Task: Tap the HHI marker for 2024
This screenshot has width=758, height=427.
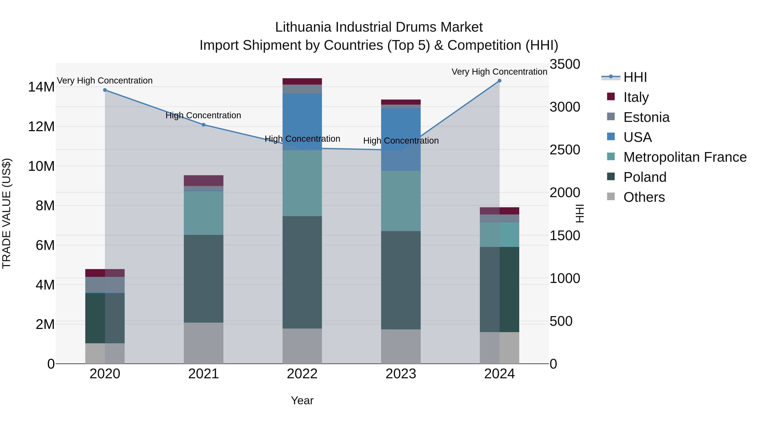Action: click(499, 81)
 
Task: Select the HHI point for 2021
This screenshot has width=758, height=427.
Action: click(204, 125)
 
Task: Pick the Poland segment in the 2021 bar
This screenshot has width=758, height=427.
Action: click(204, 279)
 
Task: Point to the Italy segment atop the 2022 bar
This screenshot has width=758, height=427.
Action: click(302, 81)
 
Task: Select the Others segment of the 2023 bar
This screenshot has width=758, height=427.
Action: click(401, 346)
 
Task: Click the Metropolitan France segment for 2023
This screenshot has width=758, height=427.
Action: click(401, 201)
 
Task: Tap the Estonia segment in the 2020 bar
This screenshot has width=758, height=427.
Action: click(105, 284)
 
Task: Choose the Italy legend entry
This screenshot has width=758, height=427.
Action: click(636, 97)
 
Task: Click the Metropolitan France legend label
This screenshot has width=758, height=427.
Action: click(685, 157)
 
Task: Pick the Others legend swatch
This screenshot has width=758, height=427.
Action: click(611, 197)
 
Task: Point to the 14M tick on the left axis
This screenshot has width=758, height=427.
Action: click(41, 87)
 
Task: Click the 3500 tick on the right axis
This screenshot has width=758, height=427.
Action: click(565, 64)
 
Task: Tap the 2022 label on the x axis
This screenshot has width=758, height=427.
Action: click(302, 374)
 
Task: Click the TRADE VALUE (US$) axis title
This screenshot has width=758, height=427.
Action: click(7, 213)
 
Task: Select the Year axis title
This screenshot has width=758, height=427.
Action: click(302, 400)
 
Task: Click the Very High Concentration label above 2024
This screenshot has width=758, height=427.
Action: click(499, 72)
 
